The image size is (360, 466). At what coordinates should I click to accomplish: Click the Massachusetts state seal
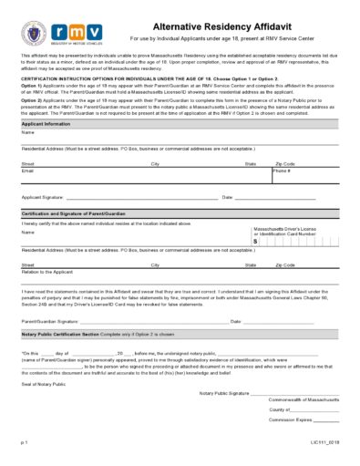(34, 35)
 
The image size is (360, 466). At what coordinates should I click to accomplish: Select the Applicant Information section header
(46, 123)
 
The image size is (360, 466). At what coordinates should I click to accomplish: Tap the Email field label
(27, 171)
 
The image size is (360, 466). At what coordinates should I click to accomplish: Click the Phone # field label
(282, 171)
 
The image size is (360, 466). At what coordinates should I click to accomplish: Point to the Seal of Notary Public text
(44, 382)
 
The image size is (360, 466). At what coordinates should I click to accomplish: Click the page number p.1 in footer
(25, 441)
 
